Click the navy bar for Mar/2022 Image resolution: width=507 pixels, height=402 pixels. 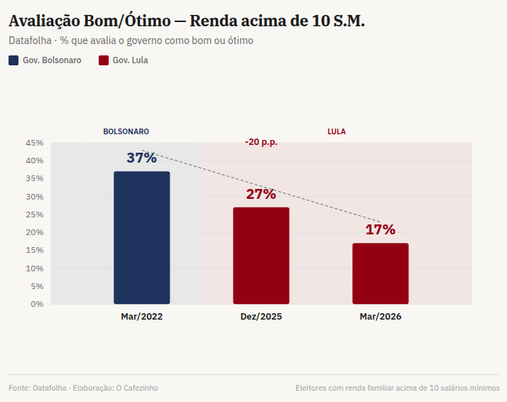pos(142,237)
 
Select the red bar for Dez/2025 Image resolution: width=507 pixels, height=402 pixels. pos(261,256)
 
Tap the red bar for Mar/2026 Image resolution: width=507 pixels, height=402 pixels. pos(381,273)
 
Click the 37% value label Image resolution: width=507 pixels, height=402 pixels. pos(142,158)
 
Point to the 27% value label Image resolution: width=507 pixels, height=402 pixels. pos(261,194)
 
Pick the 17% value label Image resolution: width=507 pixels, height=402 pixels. pos(381,229)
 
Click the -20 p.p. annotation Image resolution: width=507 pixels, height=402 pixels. pos(261,142)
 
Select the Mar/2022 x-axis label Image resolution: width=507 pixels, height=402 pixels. pos(142,317)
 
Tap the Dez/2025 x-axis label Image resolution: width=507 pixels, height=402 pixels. pos(261,317)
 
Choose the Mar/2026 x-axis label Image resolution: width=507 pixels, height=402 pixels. pos(381,317)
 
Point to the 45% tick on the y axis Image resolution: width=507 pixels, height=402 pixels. pos(35,143)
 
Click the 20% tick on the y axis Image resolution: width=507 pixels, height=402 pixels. pos(35,232)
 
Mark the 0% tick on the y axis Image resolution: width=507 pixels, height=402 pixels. pos(37,304)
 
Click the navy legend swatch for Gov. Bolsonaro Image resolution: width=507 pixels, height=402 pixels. pos(13,60)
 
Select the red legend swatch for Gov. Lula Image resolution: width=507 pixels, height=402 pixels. pos(104,60)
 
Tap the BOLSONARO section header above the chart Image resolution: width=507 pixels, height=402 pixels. pos(126,131)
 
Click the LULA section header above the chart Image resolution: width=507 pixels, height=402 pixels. pos(337,131)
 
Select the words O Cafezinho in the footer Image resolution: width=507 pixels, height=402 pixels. pos(137,388)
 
